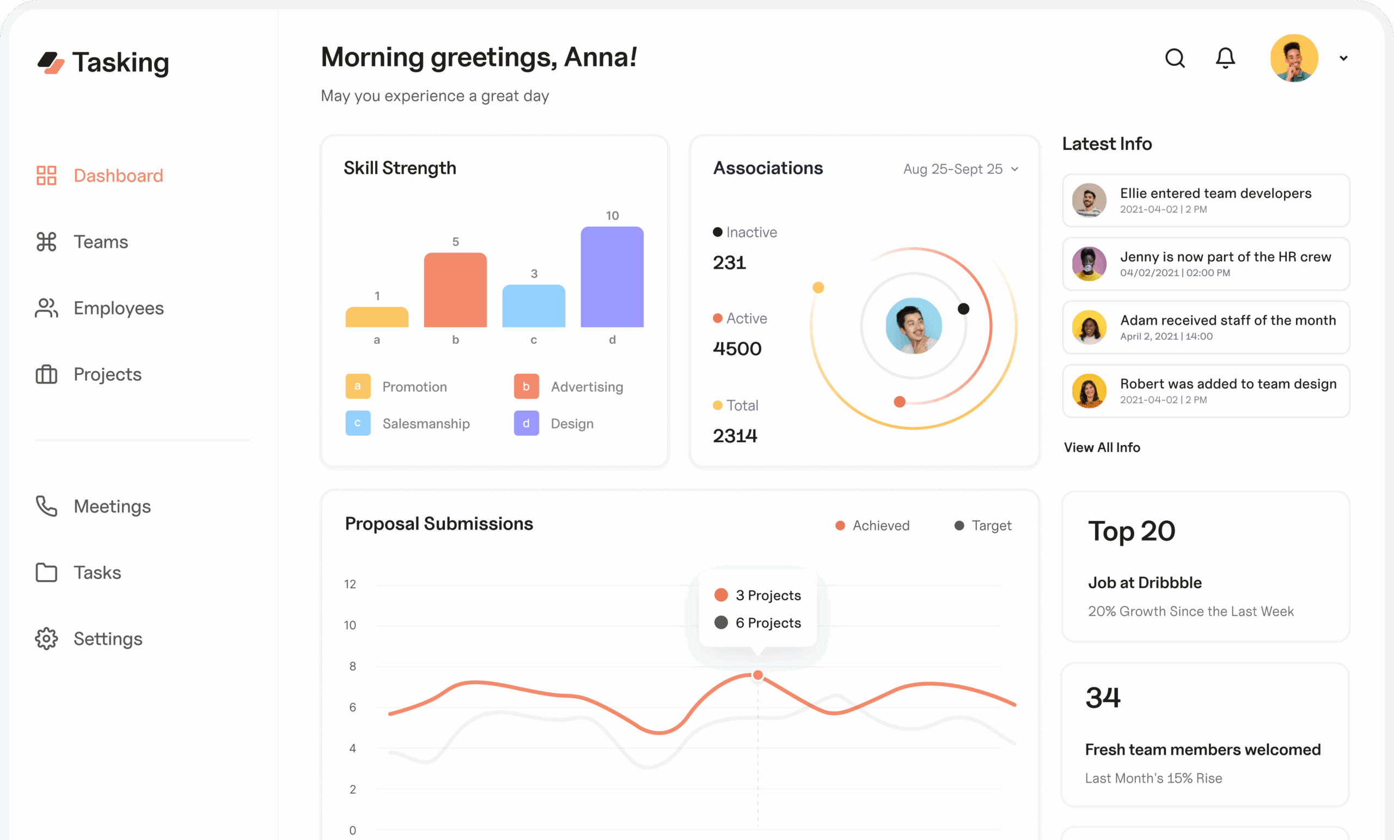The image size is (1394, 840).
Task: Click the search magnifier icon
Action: click(1175, 58)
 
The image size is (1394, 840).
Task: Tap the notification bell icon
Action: click(1225, 58)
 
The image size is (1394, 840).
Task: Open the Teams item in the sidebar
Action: click(100, 242)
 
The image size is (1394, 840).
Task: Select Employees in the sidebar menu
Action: click(118, 308)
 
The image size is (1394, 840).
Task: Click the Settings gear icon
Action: click(46, 638)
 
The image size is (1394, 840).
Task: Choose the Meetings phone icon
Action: click(46, 506)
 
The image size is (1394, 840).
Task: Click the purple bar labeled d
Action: click(612, 277)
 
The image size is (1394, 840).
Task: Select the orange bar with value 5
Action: click(455, 290)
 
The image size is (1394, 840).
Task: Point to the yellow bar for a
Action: click(377, 317)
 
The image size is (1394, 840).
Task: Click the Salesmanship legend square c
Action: click(358, 423)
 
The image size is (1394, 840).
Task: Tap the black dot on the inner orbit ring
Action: click(963, 308)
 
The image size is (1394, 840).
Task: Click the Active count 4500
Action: click(737, 349)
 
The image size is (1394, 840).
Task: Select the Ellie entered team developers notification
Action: click(1206, 200)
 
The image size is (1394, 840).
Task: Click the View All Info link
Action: click(1102, 447)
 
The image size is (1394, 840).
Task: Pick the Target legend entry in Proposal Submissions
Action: click(983, 525)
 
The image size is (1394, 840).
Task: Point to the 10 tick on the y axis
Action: click(350, 625)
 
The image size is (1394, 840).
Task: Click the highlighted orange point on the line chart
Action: click(757, 675)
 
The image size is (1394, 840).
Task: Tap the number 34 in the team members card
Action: click(1103, 697)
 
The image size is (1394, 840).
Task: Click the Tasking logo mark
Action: click(51, 62)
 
